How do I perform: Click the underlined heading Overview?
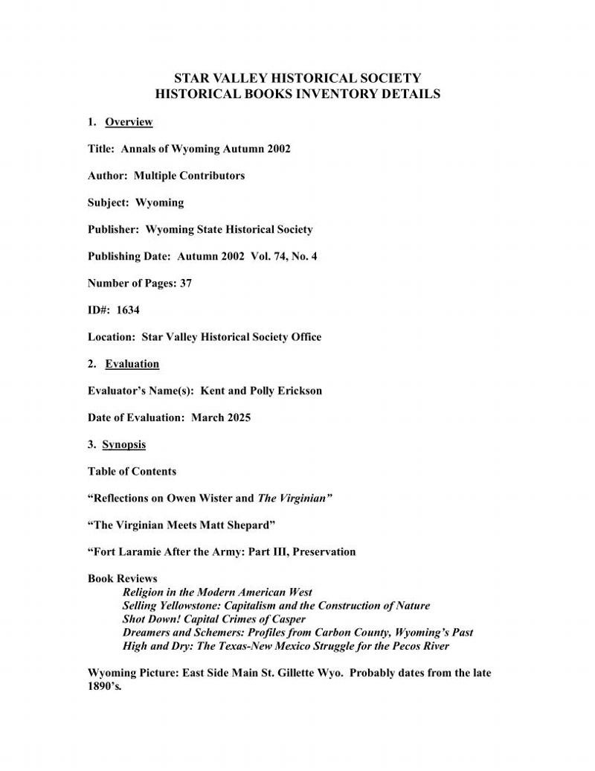129,122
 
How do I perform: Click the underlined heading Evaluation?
132,364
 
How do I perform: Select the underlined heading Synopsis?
123,444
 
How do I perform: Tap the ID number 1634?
127,310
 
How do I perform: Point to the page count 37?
185,283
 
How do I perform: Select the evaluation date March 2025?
221,418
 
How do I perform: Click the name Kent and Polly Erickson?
261,391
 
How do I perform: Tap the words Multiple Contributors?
189,176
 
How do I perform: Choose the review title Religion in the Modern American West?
217,592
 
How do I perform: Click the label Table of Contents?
132,471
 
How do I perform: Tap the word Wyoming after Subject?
159,202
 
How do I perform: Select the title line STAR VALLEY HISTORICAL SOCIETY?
297,78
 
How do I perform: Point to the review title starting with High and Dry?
286,646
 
